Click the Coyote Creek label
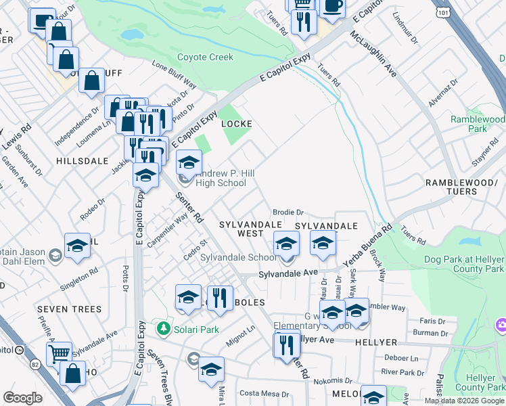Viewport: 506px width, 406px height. [205, 58]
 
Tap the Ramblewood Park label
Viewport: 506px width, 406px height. [478, 123]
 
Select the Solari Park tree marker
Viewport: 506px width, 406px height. [163, 329]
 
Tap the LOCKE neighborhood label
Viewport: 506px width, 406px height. [237, 124]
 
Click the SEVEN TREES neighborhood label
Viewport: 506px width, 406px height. [69, 309]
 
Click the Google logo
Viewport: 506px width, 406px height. [23, 398]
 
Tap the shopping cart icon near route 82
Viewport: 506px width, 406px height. [59, 353]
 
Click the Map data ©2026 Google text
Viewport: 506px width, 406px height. [464, 401]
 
